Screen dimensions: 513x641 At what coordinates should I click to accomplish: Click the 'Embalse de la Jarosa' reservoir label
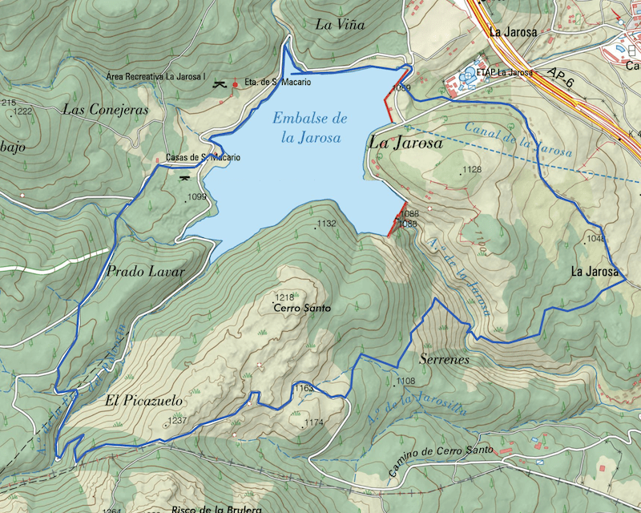click(309, 128)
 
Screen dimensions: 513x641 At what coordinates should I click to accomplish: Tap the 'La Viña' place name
click(340, 25)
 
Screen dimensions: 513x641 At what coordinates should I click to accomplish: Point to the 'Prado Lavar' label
click(145, 272)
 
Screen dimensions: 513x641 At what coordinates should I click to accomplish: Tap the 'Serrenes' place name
click(443, 360)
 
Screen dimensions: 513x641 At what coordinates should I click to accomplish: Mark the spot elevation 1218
click(284, 297)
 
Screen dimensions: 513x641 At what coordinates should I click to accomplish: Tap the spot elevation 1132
click(326, 224)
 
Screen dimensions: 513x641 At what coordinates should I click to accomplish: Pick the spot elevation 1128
click(472, 169)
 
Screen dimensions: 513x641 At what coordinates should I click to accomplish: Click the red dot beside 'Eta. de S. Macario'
click(235, 83)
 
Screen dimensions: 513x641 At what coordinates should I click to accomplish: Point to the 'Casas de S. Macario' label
click(203, 158)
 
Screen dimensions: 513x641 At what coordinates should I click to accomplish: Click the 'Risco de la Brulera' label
click(205, 509)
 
